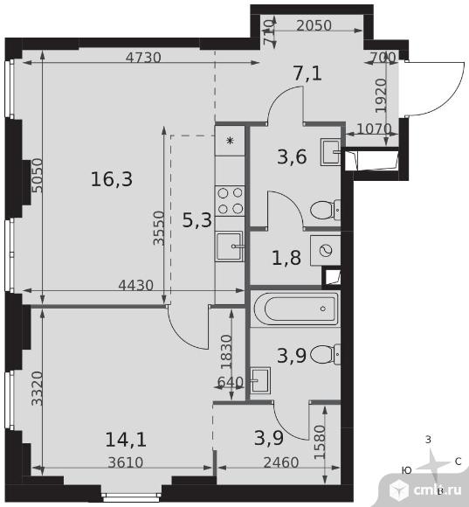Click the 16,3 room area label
(112, 179)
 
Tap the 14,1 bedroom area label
(126, 440)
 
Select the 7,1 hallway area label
(307, 73)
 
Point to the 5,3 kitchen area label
(197, 220)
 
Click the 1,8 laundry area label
(286, 258)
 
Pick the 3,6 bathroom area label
(292, 156)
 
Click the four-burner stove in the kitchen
(230, 201)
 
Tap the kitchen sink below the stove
(230, 246)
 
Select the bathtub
(295, 309)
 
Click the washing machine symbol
(325, 251)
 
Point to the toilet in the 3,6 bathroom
(325, 211)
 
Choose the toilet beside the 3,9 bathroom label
(325, 354)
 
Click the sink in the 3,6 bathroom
(330, 152)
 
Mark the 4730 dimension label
(143, 58)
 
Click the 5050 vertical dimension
(38, 175)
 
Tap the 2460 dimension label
(281, 462)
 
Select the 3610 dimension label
(126, 462)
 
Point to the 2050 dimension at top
(314, 25)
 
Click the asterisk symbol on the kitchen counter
(230, 141)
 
